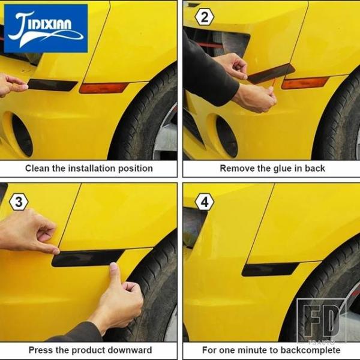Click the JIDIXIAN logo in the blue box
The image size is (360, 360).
click(x=46, y=28)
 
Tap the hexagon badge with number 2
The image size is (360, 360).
click(x=205, y=17)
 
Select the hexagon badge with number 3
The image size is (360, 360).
click(x=19, y=202)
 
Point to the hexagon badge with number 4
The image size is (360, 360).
click(x=205, y=202)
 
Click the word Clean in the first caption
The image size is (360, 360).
click(x=37, y=168)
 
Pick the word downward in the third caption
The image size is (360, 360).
click(x=130, y=350)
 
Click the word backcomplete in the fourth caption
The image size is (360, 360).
click(x=310, y=350)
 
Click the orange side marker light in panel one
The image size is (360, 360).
click(x=103, y=88)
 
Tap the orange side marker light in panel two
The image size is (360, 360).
click(x=305, y=83)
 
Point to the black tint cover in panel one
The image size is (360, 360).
click(x=52, y=85)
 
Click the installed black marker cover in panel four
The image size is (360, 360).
click(x=270, y=269)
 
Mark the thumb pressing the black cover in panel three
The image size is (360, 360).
click(x=114, y=273)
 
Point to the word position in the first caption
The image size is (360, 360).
click(x=135, y=169)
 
